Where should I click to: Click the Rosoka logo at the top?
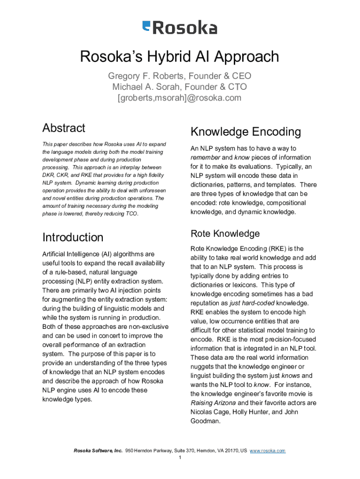(x=180, y=28)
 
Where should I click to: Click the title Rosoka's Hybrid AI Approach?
(x=180, y=57)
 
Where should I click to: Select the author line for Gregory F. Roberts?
(x=180, y=76)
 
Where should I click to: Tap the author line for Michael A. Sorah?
(x=180, y=87)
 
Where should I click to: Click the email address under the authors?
(x=180, y=98)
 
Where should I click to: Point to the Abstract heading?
(x=64, y=128)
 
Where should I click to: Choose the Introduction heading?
(x=73, y=237)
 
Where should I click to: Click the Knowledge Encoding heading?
(x=245, y=131)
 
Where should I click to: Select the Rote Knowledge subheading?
(x=225, y=233)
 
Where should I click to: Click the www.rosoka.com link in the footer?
(x=267, y=450)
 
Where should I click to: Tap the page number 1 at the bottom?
(x=180, y=457)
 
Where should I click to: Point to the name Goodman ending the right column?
(x=204, y=421)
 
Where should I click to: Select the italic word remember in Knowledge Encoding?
(x=206, y=158)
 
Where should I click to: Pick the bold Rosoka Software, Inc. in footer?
(x=98, y=450)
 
